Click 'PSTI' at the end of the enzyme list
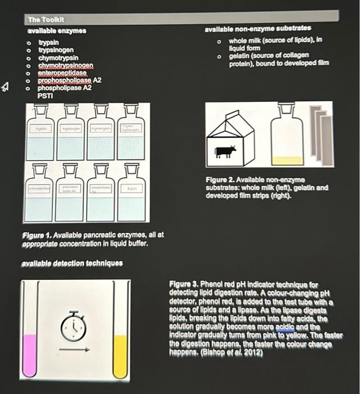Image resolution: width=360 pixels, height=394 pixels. click(x=45, y=96)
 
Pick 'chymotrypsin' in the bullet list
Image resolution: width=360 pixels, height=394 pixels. click(x=58, y=58)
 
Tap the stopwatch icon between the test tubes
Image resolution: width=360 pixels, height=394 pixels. click(x=74, y=326)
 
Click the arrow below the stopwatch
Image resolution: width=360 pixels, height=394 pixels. click(x=74, y=350)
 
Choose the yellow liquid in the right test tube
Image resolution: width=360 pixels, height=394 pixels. click(x=120, y=356)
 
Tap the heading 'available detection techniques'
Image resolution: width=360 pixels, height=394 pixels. click(x=72, y=263)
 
